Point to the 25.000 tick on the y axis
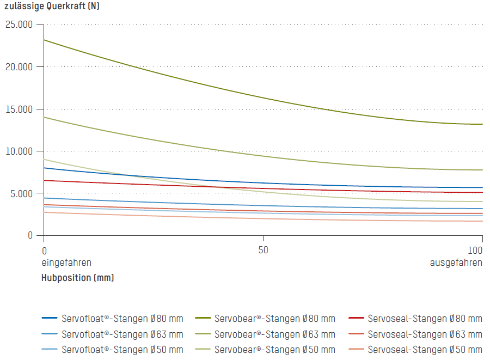coord(19,25)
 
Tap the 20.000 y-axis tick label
coord(19,67)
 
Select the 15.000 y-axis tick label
coord(19,109)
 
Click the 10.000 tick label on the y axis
coord(19,151)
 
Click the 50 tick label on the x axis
coord(264,251)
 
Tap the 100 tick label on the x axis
coord(475,251)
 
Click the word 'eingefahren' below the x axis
coord(66,263)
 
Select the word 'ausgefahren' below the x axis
coord(456,263)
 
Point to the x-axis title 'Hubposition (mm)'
coord(78,278)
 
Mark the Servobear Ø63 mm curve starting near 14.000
coord(264,156)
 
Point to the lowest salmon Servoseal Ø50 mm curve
coord(264,219)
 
